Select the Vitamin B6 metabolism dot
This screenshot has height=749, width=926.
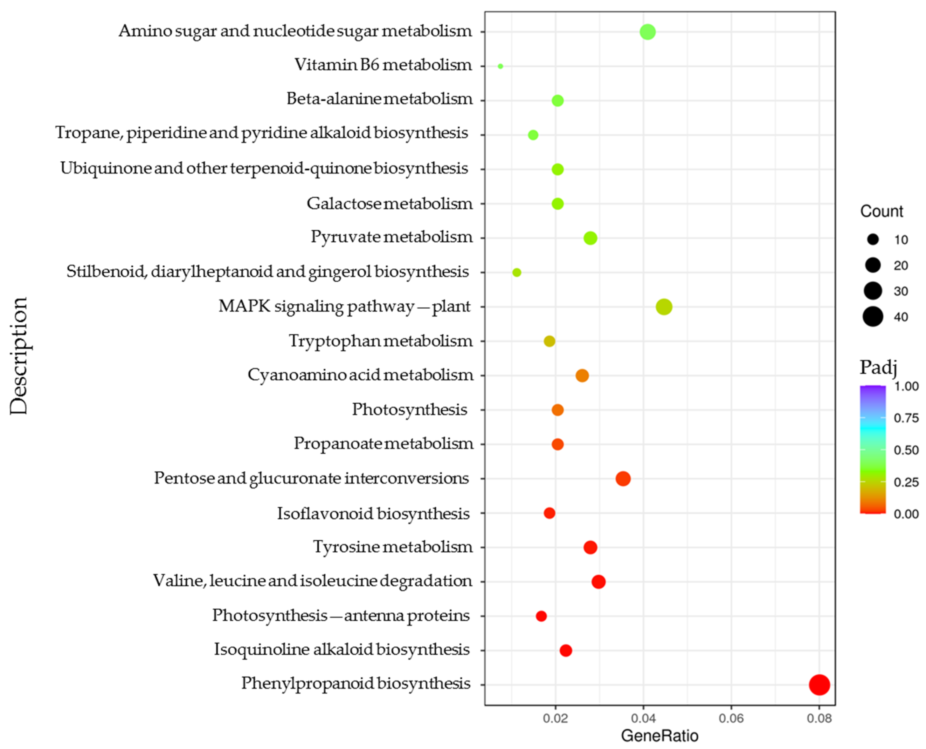pyautogui.click(x=500, y=66)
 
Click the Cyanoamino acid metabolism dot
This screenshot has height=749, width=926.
pyautogui.click(x=582, y=375)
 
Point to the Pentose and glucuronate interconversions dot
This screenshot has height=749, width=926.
pyautogui.click(x=623, y=478)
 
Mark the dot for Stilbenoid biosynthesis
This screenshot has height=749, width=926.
pyautogui.click(x=516, y=272)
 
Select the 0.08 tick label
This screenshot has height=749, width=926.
pyautogui.click(x=819, y=719)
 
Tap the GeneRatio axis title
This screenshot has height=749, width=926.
pyautogui.click(x=660, y=736)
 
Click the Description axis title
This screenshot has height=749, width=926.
pyautogui.click(x=19, y=356)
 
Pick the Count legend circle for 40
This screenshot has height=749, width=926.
pyautogui.click(x=873, y=317)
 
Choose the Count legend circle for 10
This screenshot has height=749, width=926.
pyautogui.click(x=873, y=240)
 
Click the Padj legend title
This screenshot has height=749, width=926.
pyautogui.click(x=878, y=367)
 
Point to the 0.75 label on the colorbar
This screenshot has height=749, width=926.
pyautogui.click(x=906, y=418)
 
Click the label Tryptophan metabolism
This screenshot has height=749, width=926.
pyautogui.click(x=381, y=341)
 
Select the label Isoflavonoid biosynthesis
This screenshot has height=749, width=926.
pyautogui.click(x=373, y=513)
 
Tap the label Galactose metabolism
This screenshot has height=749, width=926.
pyautogui.click(x=389, y=203)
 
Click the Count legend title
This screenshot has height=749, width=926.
pyautogui.click(x=881, y=212)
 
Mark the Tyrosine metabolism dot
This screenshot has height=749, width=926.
pyautogui.click(x=590, y=547)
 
